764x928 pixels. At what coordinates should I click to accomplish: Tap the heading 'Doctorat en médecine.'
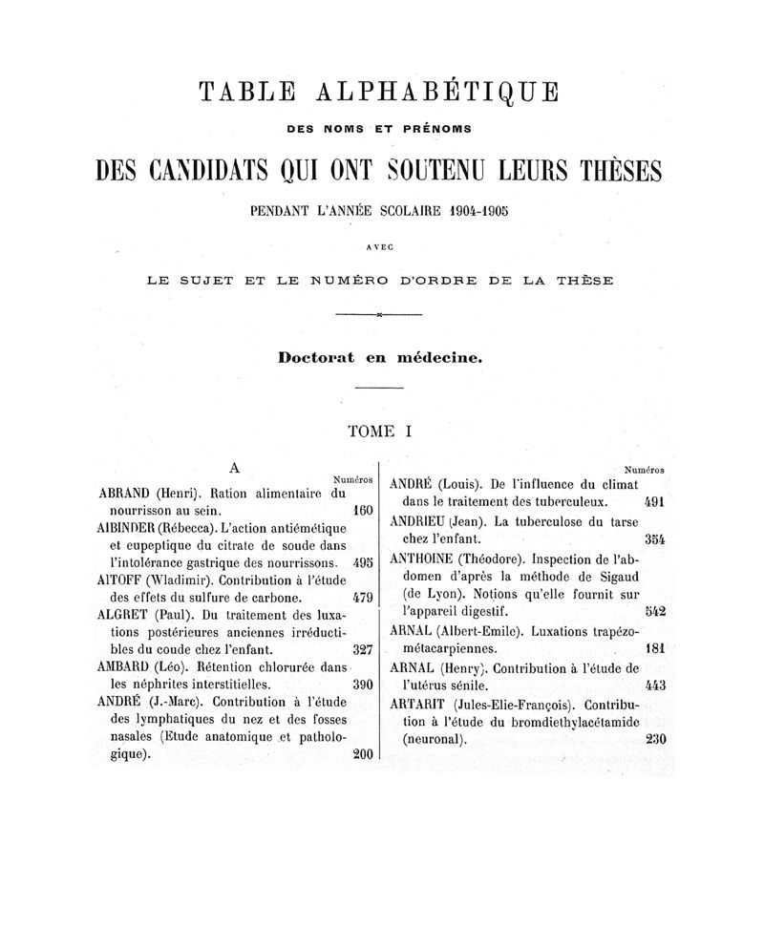pyautogui.click(x=381, y=357)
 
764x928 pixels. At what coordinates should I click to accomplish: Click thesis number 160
pyautogui.click(x=361, y=511)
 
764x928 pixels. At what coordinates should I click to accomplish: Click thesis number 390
pyautogui.click(x=361, y=685)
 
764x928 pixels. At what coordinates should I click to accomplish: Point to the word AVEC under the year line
pyautogui.click(x=380, y=245)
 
